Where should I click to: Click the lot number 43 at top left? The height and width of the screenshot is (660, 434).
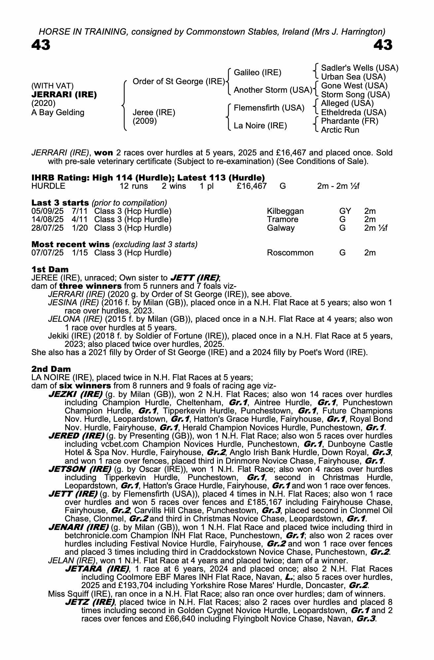(41, 45)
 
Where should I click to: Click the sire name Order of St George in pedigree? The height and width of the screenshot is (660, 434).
(179, 82)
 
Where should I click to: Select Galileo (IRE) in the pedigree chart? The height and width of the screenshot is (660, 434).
(257, 73)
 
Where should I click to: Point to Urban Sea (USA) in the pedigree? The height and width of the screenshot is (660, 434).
(353, 77)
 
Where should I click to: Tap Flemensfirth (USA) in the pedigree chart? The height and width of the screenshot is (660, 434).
(269, 108)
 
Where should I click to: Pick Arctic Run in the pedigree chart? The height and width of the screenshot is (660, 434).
(340, 130)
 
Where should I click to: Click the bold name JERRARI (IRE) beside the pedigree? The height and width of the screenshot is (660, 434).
(64, 95)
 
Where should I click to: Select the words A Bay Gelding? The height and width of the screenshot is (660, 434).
(58, 113)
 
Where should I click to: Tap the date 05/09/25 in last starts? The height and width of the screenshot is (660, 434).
(47, 211)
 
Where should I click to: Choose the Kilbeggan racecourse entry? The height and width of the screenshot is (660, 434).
(285, 211)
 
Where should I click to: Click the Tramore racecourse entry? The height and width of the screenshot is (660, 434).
(283, 219)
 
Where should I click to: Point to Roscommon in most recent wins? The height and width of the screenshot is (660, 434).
(290, 253)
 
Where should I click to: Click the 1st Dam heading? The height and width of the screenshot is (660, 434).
(50, 269)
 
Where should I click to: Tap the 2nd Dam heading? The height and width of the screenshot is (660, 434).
(51, 369)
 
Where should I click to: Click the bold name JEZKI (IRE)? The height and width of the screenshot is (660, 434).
(75, 394)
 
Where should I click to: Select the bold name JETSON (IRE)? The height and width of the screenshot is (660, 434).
(80, 469)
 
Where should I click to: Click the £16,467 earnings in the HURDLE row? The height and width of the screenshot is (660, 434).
(251, 186)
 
